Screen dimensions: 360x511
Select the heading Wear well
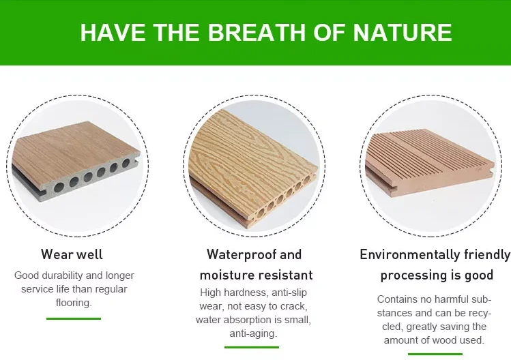72,254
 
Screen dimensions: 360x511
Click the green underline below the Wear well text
73,318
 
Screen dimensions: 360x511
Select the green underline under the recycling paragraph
435,354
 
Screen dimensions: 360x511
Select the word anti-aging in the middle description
252,333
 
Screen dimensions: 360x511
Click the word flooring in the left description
73,302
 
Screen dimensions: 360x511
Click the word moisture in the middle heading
226,275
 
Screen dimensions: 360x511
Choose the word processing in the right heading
409,275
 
